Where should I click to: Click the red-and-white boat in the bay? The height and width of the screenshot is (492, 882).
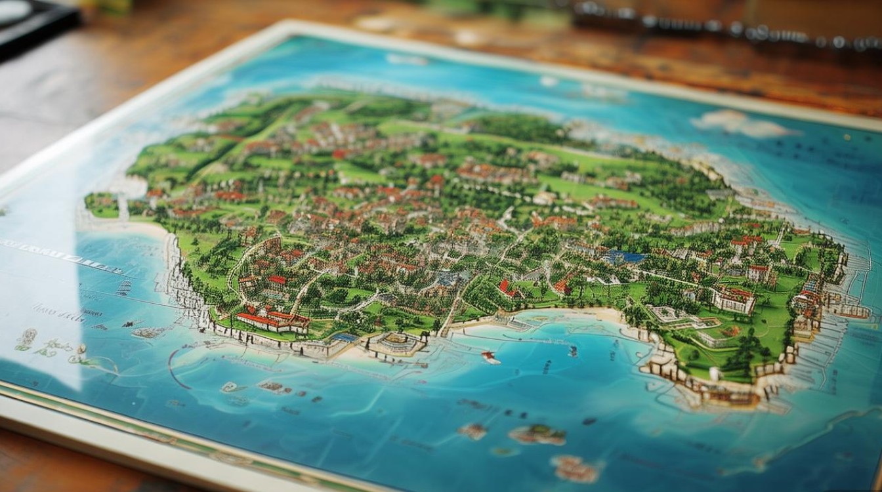[489, 357]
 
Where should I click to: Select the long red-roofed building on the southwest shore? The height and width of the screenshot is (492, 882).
[272, 321]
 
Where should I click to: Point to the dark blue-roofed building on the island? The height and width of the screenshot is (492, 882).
[623, 257]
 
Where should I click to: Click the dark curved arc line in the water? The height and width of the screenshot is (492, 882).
[172, 367]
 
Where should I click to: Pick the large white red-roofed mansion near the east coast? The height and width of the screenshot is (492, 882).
[734, 300]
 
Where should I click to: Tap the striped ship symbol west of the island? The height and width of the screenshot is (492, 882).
[124, 288]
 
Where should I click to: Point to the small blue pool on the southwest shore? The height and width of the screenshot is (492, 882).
[343, 337]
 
